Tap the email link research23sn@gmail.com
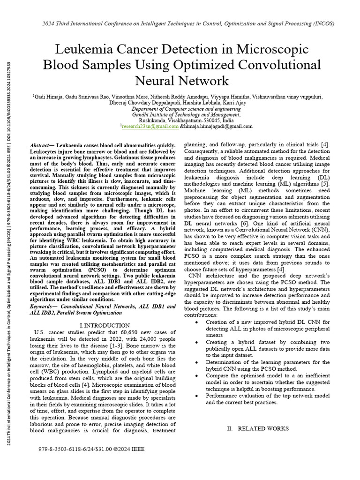(150, 126)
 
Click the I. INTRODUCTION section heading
(105, 325)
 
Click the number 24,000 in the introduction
(133, 339)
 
